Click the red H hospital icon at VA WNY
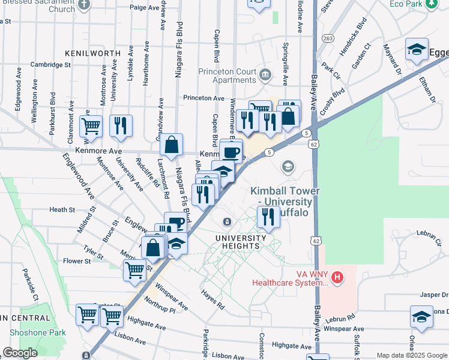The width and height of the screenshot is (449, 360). pos(337,277)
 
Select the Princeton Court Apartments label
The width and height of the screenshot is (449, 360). pos(228,76)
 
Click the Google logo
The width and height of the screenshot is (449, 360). pos(20,353)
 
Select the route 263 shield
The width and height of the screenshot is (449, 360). pos(327,38)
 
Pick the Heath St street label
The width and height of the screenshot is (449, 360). pos(62,209)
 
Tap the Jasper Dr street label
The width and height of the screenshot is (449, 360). pos(434,295)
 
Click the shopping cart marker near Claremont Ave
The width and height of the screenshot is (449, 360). pos(91,125)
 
